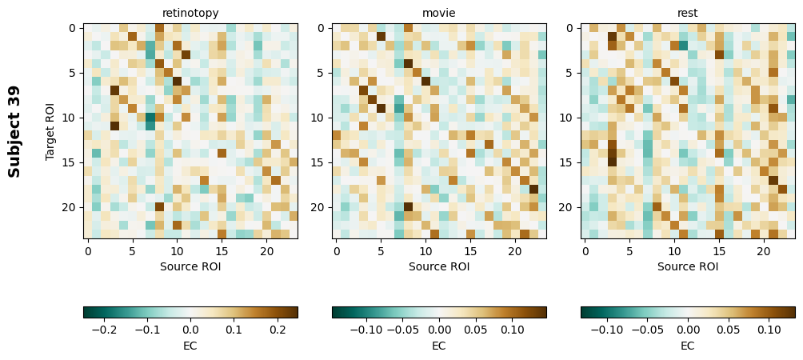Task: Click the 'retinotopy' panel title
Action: tap(190, 13)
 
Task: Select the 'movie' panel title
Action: tap(439, 13)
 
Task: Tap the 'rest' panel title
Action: tap(688, 13)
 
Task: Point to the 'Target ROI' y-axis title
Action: tap(50, 131)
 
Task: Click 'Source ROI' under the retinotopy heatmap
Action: tap(190, 266)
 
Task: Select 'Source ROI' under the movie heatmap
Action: tap(439, 266)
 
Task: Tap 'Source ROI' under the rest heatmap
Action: tap(688, 266)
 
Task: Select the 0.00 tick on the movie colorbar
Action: tap(439, 329)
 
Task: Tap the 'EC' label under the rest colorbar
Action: tap(688, 346)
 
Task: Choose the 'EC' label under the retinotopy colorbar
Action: tap(190, 346)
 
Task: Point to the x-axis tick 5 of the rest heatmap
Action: tap(629, 251)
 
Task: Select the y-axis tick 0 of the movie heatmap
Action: tap(321, 28)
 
